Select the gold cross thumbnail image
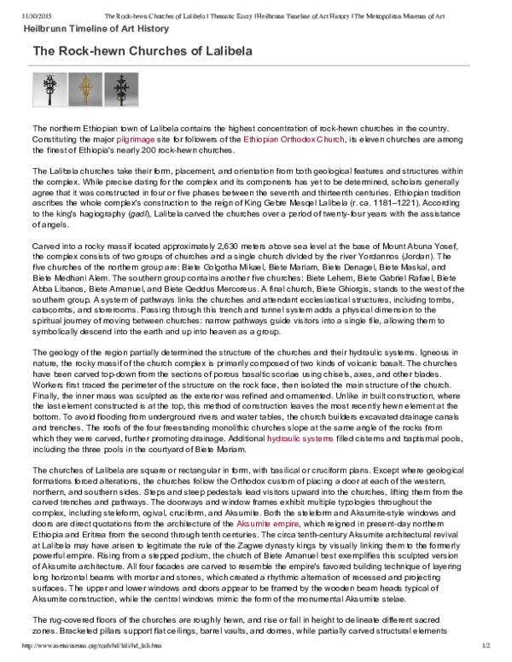click(84, 89)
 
